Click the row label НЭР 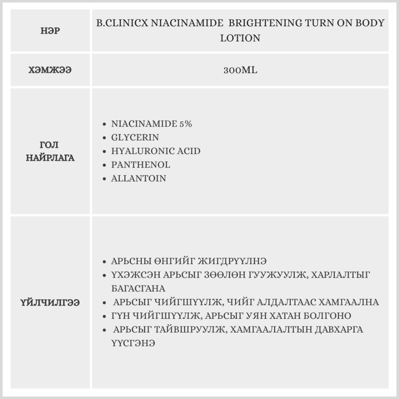click(x=50, y=31)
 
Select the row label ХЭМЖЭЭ click(x=50, y=70)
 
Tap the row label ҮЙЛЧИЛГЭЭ click(x=50, y=302)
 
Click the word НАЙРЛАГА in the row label click(x=50, y=158)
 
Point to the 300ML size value click(x=240, y=70)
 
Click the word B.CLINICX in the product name click(x=122, y=23)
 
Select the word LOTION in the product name click(x=240, y=38)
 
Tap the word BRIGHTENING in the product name click(x=265, y=23)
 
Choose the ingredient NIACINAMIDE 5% click(x=152, y=124)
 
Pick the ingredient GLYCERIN click(x=135, y=137)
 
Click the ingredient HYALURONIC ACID click(x=156, y=151)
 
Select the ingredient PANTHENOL click(x=140, y=164)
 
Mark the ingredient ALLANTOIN click(x=138, y=178)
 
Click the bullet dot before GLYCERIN click(x=104, y=138)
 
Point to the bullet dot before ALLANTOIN click(x=104, y=178)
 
